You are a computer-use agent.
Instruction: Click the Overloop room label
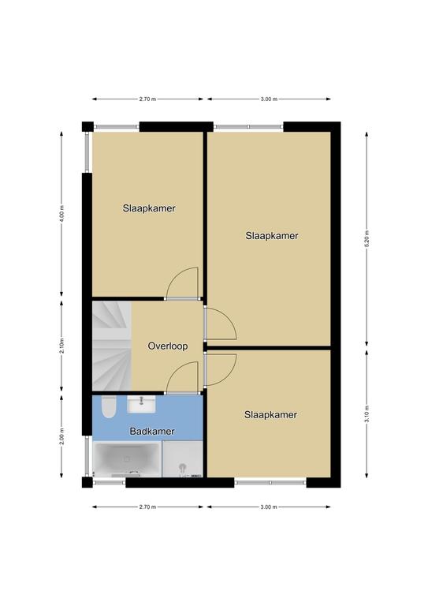pyautogui.click(x=168, y=346)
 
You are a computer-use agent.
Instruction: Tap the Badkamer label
pyautogui.click(x=152, y=432)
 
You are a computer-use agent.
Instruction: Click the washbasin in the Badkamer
pyautogui.click(x=142, y=404)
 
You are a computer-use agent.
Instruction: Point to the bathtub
pyautogui.click(x=127, y=459)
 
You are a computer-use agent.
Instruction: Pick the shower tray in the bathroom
pyautogui.click(x=183, y=458)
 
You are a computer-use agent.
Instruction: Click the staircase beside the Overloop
pyautogui.click(x=112, y=346)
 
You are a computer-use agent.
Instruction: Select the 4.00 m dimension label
pyautogui.click(x=61, y=213)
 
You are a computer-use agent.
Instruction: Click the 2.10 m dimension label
pyautogui.click(x=61, y=346)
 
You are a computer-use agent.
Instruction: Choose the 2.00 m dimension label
pyautogui.click(x=61, y=436)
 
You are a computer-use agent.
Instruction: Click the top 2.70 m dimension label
pyautogui.click(x=147, y=99)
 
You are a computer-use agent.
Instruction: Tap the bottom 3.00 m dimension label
pyautogui.click(x=269, y=507)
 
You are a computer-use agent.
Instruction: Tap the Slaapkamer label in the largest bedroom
pyautogui.click(x=272, y=236)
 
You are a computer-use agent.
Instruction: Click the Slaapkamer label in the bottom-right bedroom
pyautogui.click(x=270, y=415)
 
